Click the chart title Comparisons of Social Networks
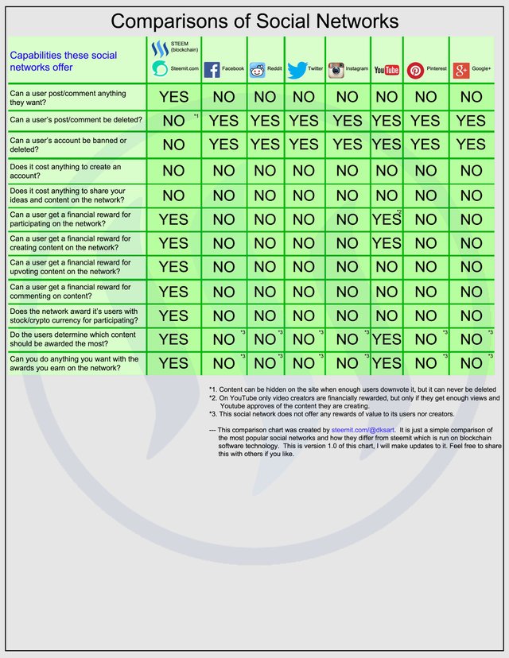point(254,20)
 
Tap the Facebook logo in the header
point(212,70)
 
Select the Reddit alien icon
point(258,70)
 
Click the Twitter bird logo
point(297,70)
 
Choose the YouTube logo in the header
point(387,70)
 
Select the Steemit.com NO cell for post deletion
point(173,122)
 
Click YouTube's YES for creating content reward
point(387,243)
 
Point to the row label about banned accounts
point(68,145)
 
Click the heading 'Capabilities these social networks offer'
point(64,61)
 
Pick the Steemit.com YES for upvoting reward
point(173,268)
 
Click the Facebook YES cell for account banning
point(223,145)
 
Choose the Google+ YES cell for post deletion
point(471,121)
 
